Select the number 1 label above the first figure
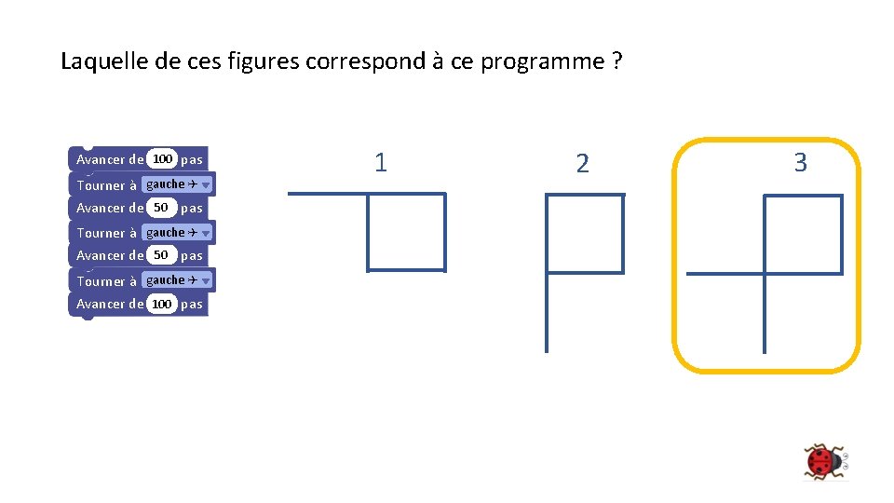[380, 163]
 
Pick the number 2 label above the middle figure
[583, 165]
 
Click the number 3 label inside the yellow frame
[799, 163]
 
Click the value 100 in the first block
[163, 159]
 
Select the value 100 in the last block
[162, 304]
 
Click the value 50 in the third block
[161, 208]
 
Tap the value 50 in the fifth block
[161, 255]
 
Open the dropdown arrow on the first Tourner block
[206, 184]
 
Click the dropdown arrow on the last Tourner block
[206, 280]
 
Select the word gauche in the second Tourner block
[166, 233]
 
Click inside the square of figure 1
[406, 232]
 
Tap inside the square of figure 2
[584, 233]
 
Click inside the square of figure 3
[802, 234]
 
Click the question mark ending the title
[616, 62]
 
